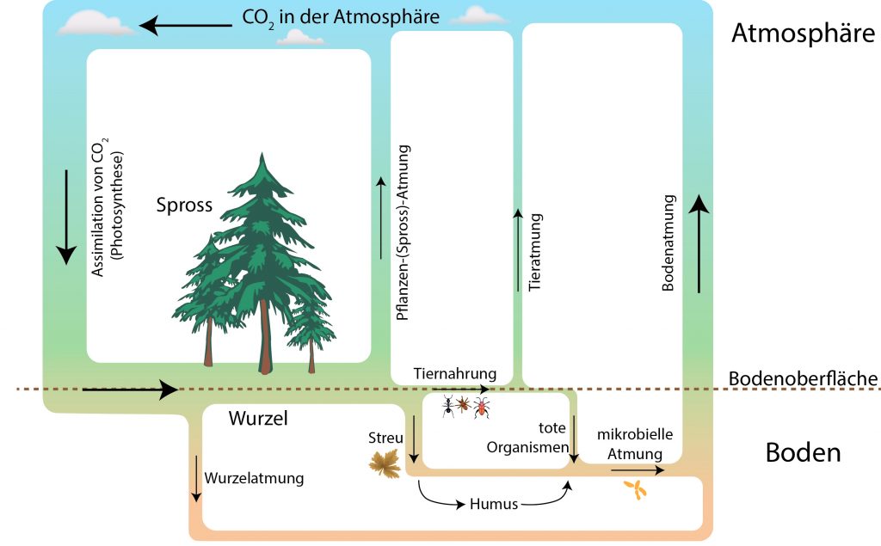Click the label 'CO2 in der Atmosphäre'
pos(341,17)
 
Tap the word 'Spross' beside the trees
pos(184,206)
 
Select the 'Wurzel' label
pos(258,419)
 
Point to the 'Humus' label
pos(494,504)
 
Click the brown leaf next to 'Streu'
pos(385,463)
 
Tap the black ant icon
pos(447,406)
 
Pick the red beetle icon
pos(482,408)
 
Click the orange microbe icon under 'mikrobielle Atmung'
pos(636,489)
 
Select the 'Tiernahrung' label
pos(455,373)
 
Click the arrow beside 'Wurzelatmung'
pos(196,479)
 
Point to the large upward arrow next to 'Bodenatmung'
pos(699,244)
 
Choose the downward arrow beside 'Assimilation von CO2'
pos(66,217)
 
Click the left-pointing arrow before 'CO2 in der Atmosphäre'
pos(186,25)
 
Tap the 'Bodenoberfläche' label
pos(803,379)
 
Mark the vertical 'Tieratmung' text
pos(535,252)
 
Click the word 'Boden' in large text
pos(803,453)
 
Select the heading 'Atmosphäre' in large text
pos(803,34)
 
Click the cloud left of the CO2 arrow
pos(96,23)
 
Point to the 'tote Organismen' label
pos(527,438)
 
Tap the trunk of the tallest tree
pos(265,336)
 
